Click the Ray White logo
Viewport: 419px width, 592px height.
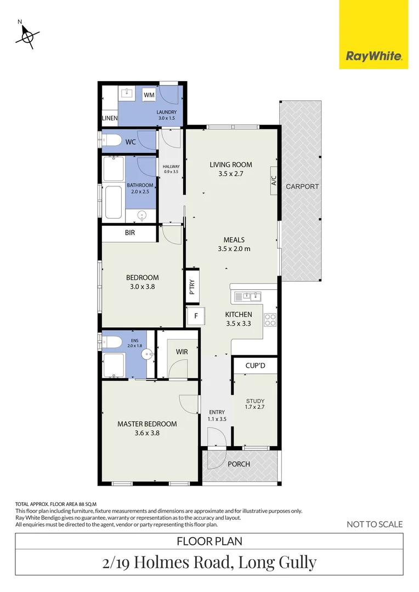373,55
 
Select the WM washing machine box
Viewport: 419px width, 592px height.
149,95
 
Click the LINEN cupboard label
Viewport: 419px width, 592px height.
110,118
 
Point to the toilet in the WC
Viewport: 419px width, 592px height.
112,141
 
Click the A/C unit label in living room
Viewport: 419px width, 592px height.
274,180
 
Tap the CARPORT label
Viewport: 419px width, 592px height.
302,187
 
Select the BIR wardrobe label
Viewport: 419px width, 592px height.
130,233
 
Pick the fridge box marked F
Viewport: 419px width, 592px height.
195,316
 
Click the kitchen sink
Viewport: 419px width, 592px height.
248,297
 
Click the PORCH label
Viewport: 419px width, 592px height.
239,464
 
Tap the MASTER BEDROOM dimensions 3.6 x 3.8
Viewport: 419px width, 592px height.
146,433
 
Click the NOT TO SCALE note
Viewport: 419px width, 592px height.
375,525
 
